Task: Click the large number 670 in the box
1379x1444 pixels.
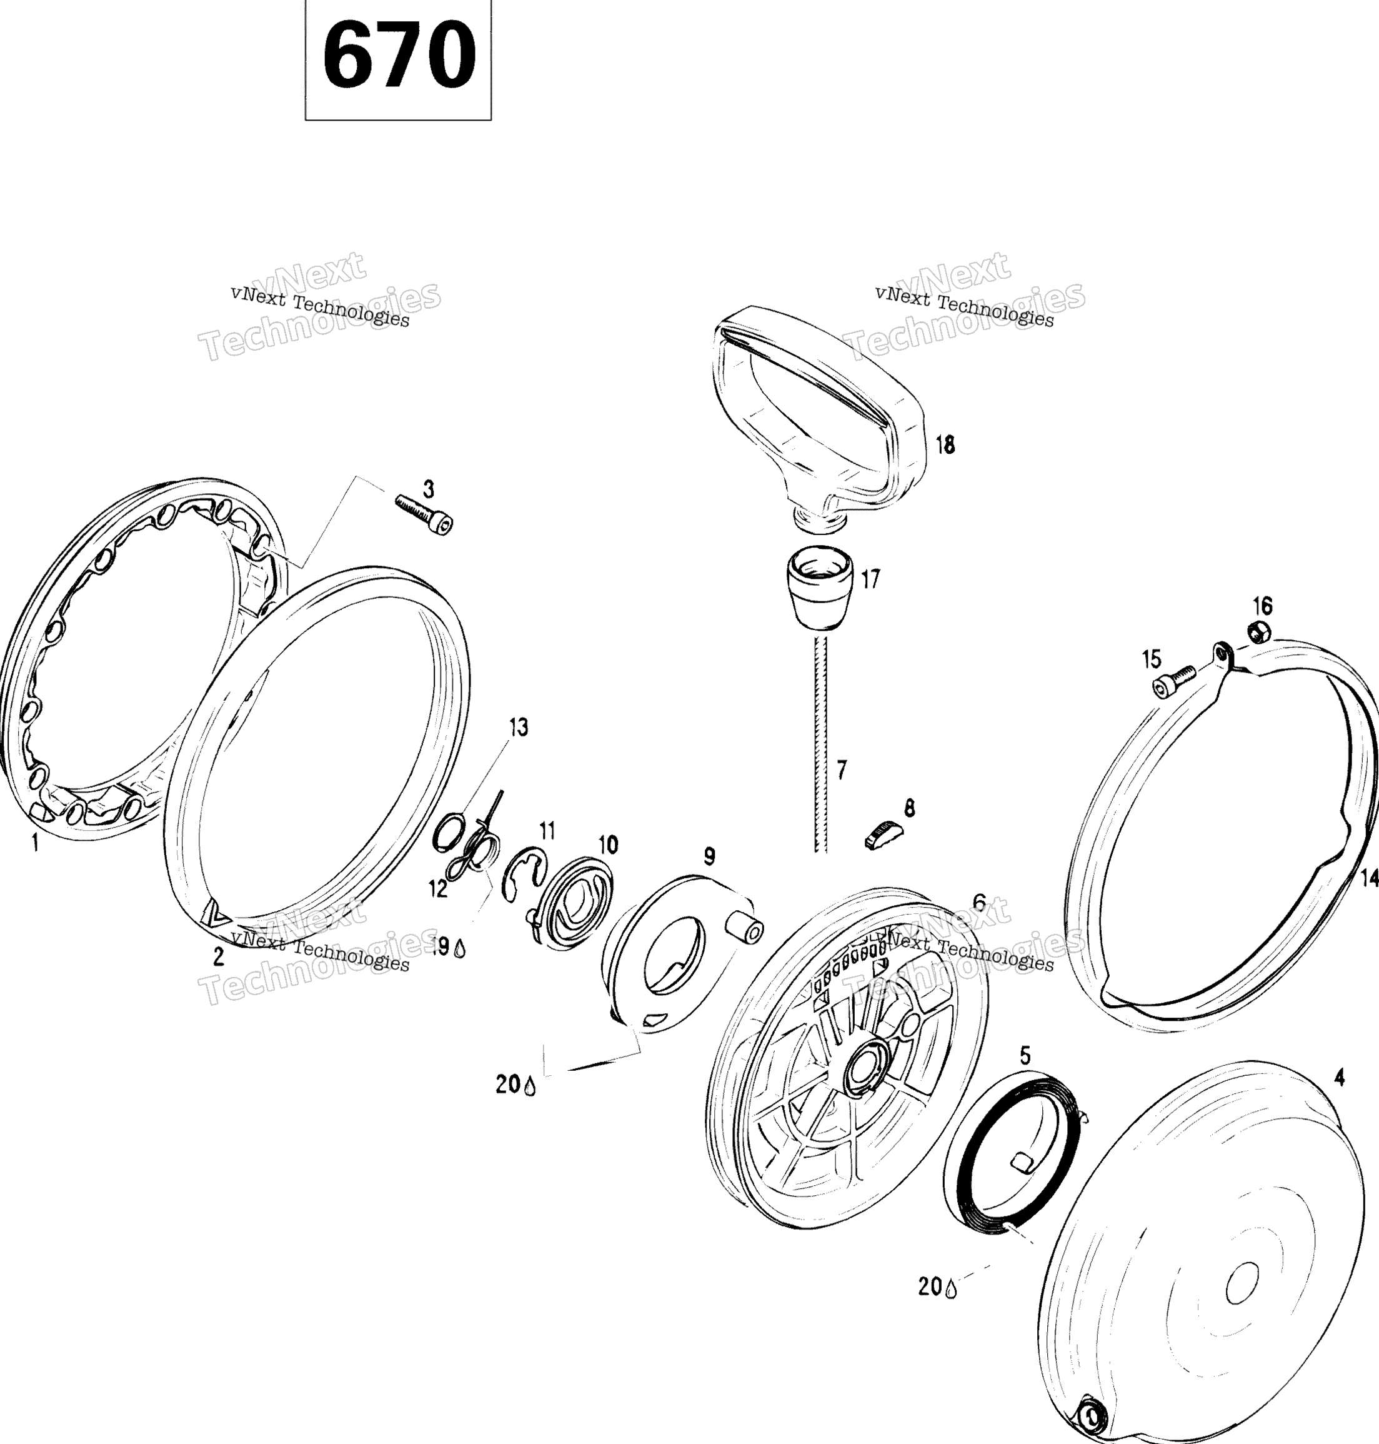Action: coord(399,54)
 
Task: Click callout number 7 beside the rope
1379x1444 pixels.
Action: coord(842,770)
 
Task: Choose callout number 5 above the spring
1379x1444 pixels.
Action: coord(1025,1056)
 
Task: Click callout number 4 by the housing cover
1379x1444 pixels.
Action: coord(1339,1077)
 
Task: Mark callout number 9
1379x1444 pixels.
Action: coord(709,856)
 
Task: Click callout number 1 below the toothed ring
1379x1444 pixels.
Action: coord(34,842)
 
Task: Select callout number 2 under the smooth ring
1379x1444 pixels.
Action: coord(218,956)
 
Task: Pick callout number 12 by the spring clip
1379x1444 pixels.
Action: coord(438,889)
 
